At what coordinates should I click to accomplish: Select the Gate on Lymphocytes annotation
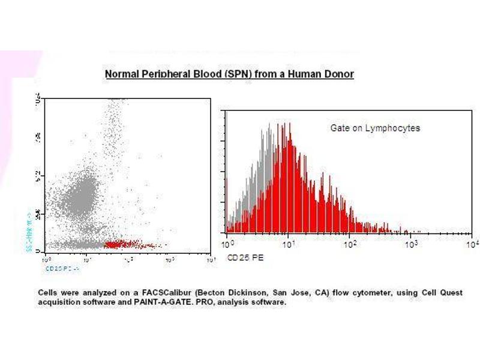(x=375, y=128)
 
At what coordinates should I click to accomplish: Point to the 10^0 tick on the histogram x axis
(x=227, y=244)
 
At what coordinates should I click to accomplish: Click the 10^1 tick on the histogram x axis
(x=289, y=244)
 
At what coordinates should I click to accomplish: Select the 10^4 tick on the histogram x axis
(x=473, y=244)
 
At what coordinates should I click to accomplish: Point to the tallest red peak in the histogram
(x=289, y=135)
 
